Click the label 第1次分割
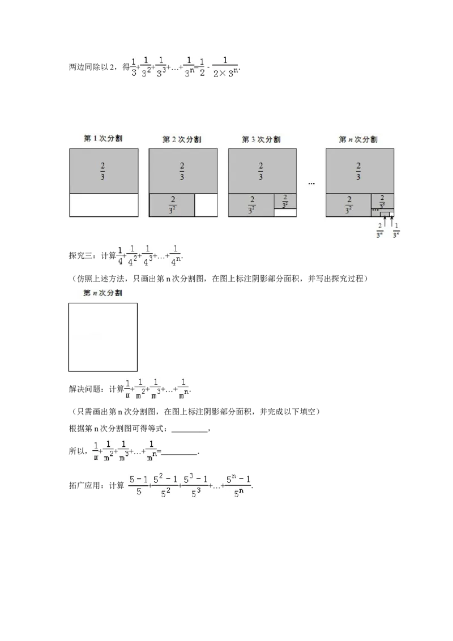[104, 139]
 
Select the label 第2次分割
[182, 139]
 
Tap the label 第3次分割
[261, 139]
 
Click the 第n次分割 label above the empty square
[103, 293]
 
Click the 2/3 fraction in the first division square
[103, 171]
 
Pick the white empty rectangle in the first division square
[104, 205]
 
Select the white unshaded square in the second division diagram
[206, 205]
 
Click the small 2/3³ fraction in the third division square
[285, 201]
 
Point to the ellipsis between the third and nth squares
[311, 183]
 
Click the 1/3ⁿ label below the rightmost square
[397, 231]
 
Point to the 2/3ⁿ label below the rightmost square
[381, 231]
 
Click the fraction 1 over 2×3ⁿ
[226, 67]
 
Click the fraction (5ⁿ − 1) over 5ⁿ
[237, 486]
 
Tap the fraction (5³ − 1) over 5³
[196, 486]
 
